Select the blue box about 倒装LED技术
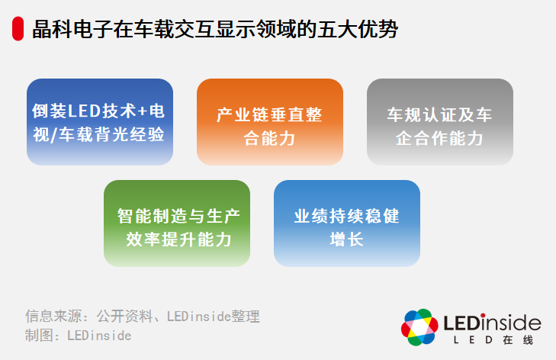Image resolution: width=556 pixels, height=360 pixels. click(100, 122)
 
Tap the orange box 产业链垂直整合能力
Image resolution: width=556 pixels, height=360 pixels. click(269, 122)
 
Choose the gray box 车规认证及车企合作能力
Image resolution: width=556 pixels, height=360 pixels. click(439, 122)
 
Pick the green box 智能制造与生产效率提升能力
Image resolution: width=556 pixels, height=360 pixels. click(177, 223)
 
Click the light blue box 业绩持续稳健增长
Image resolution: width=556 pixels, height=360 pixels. click(346, 223)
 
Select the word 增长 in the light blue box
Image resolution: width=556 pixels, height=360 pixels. click(346, 239)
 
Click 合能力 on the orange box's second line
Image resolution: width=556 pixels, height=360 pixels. click(269, 139)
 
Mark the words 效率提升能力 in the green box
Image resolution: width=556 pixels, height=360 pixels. click(177, 239)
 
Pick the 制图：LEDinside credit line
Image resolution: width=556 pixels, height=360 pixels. click(78, 335)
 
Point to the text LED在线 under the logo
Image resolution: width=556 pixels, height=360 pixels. click(491, 339)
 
